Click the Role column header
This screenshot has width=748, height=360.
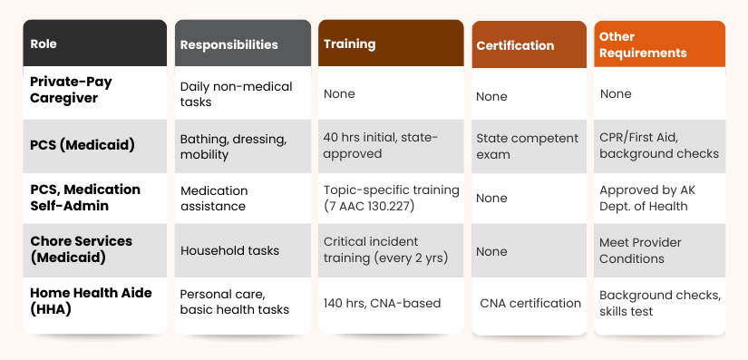click(x=44, y=44)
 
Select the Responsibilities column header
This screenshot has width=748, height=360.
click(x=228, y=44)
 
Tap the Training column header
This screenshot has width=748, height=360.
click(x=349, y=44)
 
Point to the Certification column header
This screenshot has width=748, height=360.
click(x=514, y=45)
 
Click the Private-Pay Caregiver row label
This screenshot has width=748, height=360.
click(x=71, y=89)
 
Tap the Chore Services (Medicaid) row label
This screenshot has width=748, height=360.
click(x=81, y=249)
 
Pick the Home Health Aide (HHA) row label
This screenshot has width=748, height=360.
click(x=91, y=301)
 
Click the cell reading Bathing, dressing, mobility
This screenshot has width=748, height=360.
click(x=233, y=147)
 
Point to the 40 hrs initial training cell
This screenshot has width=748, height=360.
click(x=380, y=145)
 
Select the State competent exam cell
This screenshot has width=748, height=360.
click(x=527, y=146)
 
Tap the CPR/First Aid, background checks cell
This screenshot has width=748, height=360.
click(x=658, y=145)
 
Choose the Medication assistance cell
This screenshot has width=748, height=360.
click(x=214, y=199)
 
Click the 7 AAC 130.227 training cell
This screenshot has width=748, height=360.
click(x=391, y=198)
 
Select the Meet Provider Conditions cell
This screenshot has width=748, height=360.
click(x=640, y=250)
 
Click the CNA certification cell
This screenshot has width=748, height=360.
click(x=530, y=303)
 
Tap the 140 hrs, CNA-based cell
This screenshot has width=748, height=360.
click(x=382, y=303)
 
